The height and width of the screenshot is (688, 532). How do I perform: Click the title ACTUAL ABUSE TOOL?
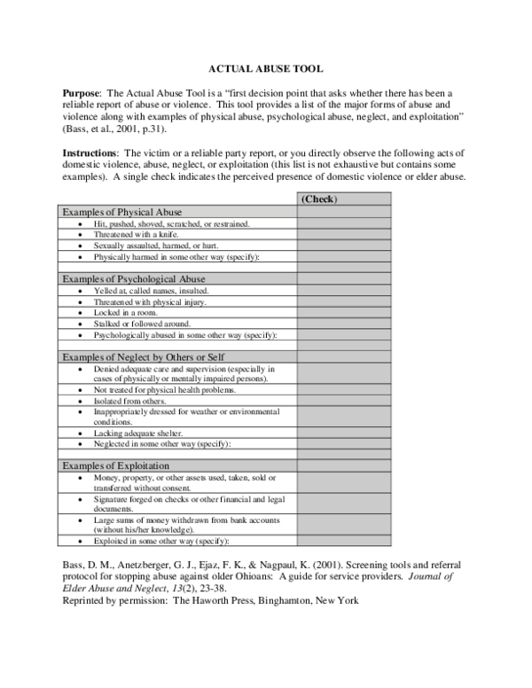point(265,67)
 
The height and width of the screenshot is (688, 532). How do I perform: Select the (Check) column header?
point(318,199)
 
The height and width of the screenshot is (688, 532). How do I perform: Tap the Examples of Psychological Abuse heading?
point(132,278)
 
